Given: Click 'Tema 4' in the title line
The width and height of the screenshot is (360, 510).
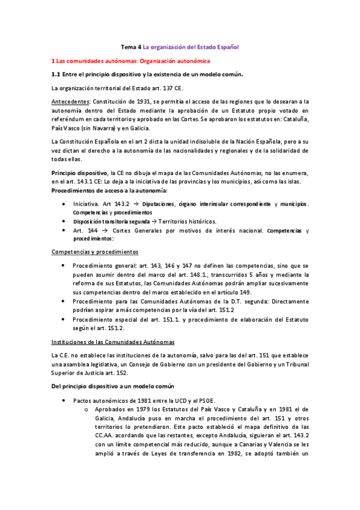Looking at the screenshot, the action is click(131, 47).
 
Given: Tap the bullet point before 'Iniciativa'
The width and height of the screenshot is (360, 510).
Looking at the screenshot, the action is click(64, 204).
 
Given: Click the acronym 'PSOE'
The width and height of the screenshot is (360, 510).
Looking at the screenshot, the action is click(202, 400).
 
